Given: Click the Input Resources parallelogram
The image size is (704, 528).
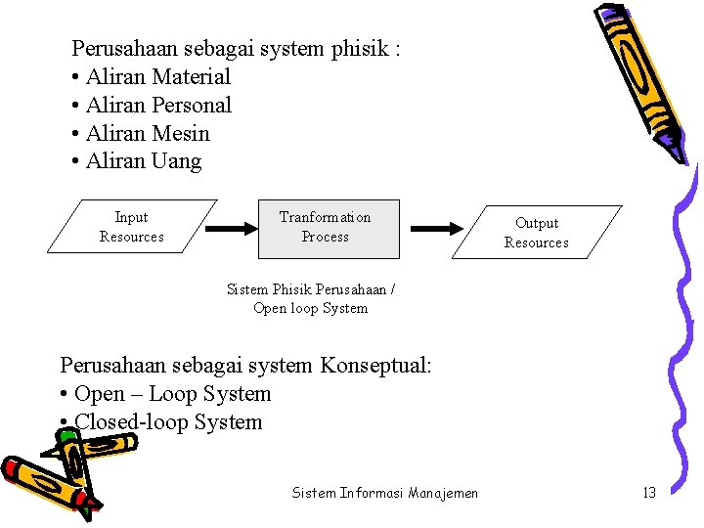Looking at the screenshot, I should click(x=132, y=227).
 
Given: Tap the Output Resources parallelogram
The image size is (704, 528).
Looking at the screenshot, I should click(x=536, y=233).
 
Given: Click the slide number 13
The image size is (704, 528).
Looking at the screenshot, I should click(x=649, y=493).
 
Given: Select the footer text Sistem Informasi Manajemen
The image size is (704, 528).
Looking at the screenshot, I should click(x=385, y=493).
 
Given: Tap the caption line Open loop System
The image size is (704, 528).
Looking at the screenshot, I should click(x=310, y=308).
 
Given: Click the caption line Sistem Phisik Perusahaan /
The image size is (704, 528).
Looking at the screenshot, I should click(x=310, y=289).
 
